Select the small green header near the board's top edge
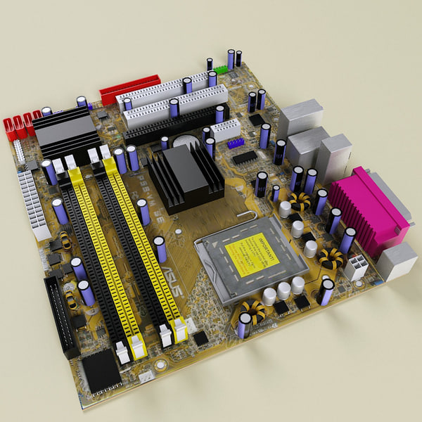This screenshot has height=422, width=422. tap(222, 69)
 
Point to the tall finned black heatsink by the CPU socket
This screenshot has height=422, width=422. tap(186, 176)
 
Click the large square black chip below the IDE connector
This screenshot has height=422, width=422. tap(99, 370)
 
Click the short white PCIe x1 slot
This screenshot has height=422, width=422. tap(226, 129)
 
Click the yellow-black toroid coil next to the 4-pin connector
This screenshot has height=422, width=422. tap(328, 257)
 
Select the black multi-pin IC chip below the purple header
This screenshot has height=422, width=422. tap(245, 158)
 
